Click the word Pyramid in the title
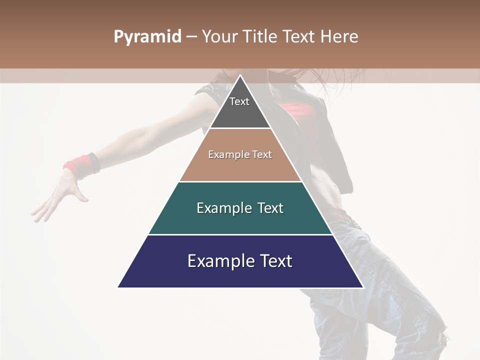pyautogui.click(x=147, y=37)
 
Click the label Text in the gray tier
pyautogui.click(x=239, y=101)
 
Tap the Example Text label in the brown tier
pyautogui.click(x=240, y=154)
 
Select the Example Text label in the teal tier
pyautogui.click(x=240, y=208)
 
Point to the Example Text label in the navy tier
pyautogui.click(x=240, y=261)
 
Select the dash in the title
pyautogui.click(x=191, y=37)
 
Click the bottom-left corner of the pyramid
pyautogui.click(x=118, y=287)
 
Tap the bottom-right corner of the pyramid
pyautogui.click(x=363, y=287)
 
